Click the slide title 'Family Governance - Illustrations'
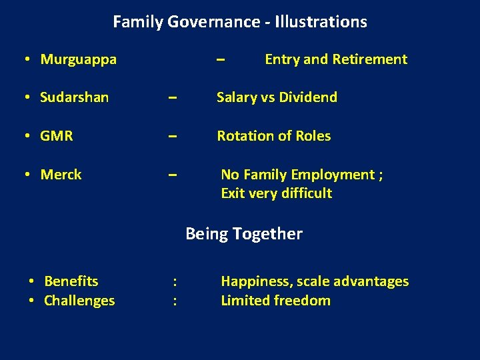click(x=240, y=22)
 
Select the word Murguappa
click(x=78, y=59)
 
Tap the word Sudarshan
click(x=74, y=97)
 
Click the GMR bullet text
click(x=57, y=136)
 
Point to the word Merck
click(x=61, y=175)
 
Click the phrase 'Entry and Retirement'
click(x=335, y=59)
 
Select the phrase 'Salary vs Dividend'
click(x=277, y=97)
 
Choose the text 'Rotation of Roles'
click(x=273, y=136)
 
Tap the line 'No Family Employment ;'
click(x=301, y=175)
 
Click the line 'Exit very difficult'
click(x=276, y=193)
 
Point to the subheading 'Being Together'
click(x=243, y=234)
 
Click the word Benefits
click(x=71, y=281)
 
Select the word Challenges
click(x=79, y=301)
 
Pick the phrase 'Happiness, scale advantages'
click(x=315, y=281)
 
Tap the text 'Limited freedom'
click(x=275, y=301)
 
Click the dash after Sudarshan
click(x=172, y=97)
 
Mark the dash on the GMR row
click(x=172, y=136)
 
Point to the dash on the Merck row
click(x=172, y=175)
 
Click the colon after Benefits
click(x=174, y=281)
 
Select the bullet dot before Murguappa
click(x=25, y=59)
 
